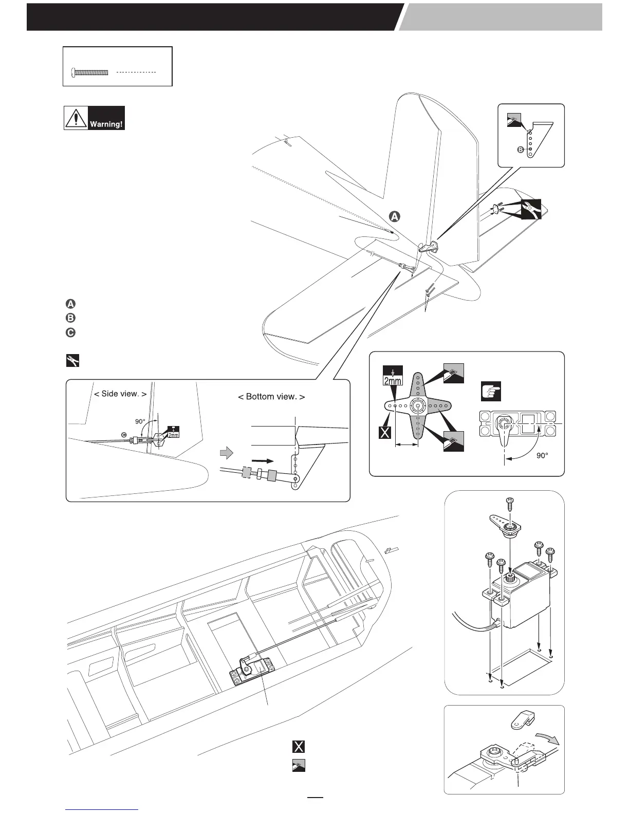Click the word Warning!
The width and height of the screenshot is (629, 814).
pos(106,124)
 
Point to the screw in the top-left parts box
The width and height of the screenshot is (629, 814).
pos(90,73)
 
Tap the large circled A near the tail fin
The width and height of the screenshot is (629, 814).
pos(394,216)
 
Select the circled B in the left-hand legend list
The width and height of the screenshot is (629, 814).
pos(71,318)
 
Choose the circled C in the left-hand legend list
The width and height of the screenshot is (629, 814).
pos(71,332)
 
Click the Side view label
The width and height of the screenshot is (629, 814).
pos(120,394)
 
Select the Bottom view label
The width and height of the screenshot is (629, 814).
pos(271,397)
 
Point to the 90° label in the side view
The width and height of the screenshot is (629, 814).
pos(140,422)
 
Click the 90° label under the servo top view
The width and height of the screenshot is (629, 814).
pos(542,456)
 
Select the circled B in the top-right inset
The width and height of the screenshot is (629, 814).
pos(520,150)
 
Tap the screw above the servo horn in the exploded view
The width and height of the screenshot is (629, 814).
pos(511,503)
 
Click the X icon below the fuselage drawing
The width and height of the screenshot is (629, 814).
pos(298,747)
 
